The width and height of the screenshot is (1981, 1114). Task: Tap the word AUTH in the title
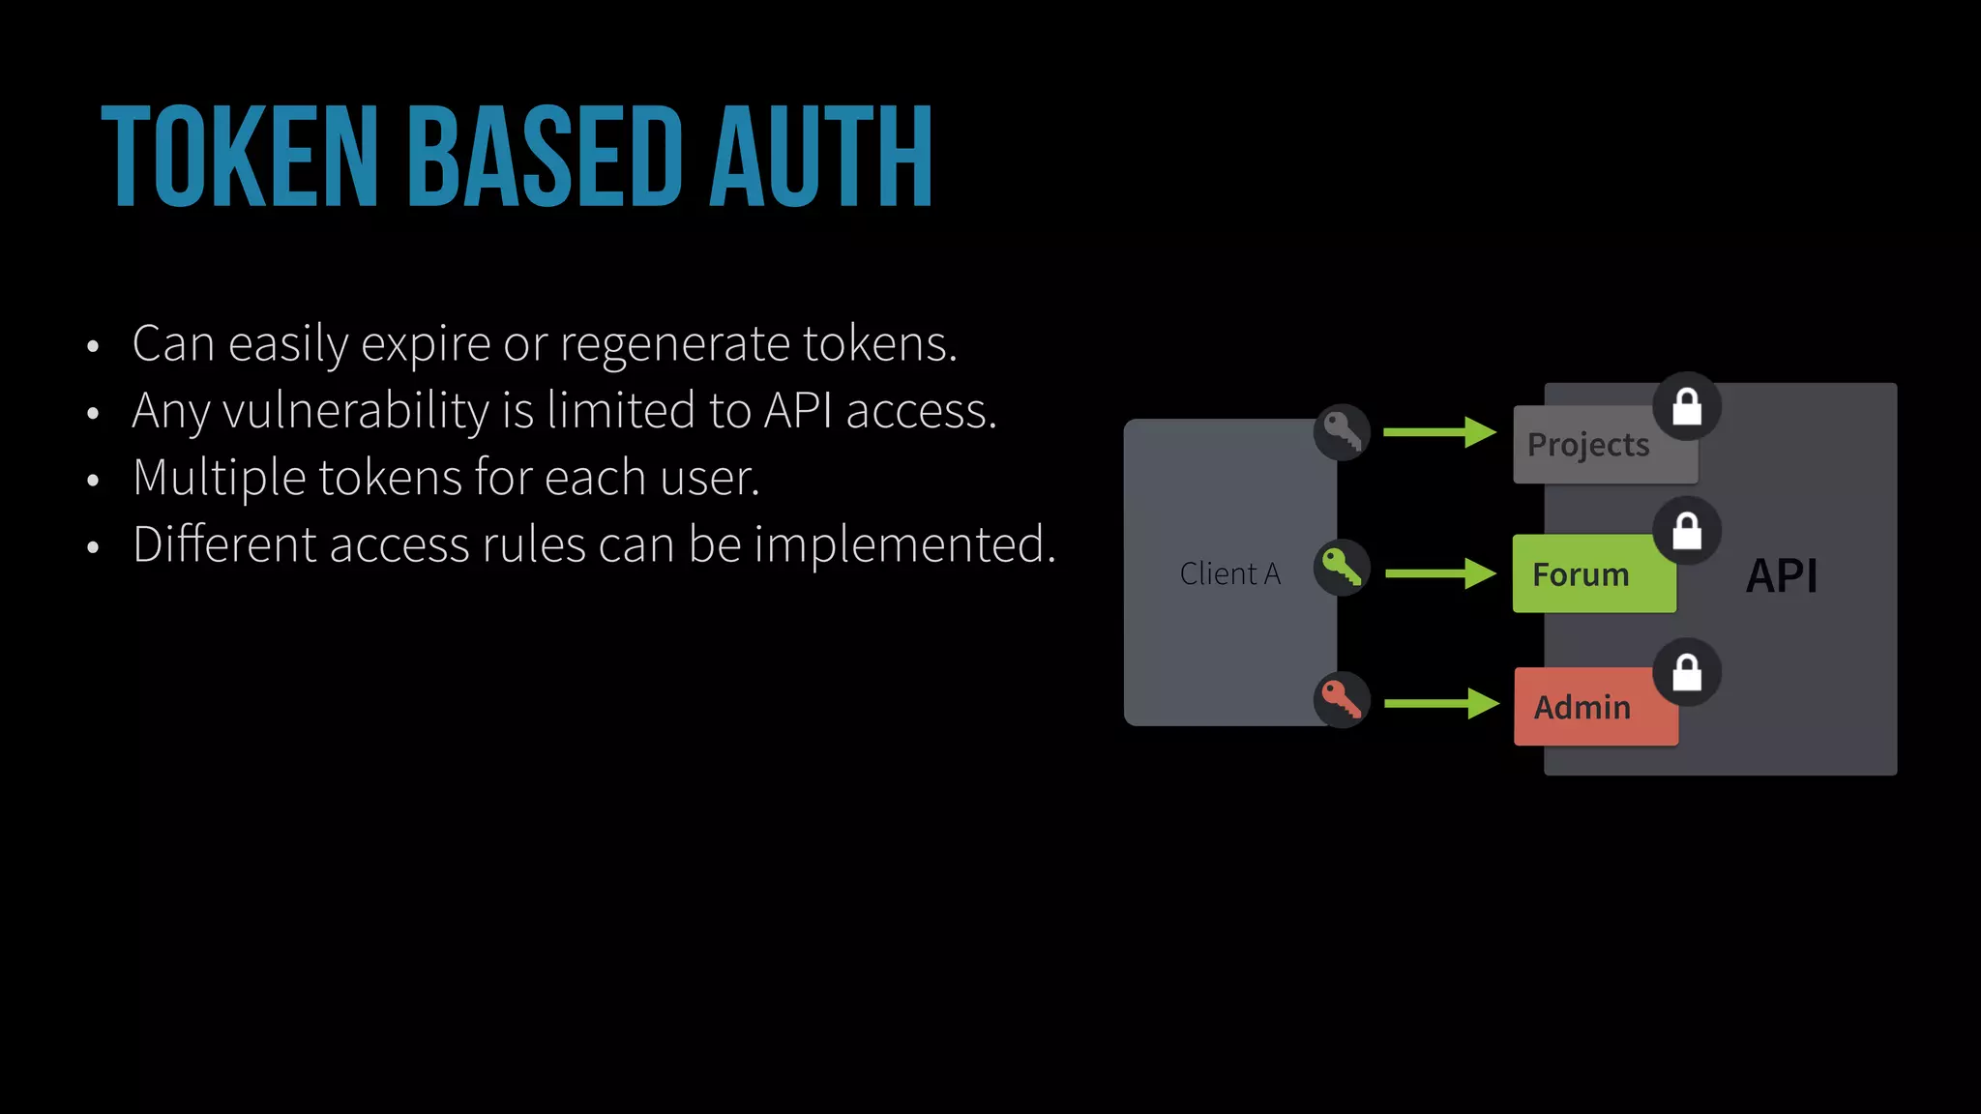(x=821, y=157)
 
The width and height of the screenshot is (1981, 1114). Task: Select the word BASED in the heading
(x=546, y=157)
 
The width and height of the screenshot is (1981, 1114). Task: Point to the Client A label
(x=1229, y=574)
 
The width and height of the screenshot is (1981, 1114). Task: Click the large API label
(x=1782, y=576)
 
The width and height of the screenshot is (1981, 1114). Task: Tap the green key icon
(x=1342, y=568)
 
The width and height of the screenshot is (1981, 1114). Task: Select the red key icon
(x=1342, y=699)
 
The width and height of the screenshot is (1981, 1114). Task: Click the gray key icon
(x=1342, y=431)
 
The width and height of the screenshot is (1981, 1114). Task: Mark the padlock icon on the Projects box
(x=1687, y=406)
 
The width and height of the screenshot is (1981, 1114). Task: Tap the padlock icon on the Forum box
(x=1687, y=531)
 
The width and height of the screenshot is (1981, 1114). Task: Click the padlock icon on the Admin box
(x=1687, y=672)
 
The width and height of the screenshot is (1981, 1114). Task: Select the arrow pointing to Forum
(x=1440, y=573)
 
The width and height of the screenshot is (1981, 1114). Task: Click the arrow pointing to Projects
(x=1439, y=432)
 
